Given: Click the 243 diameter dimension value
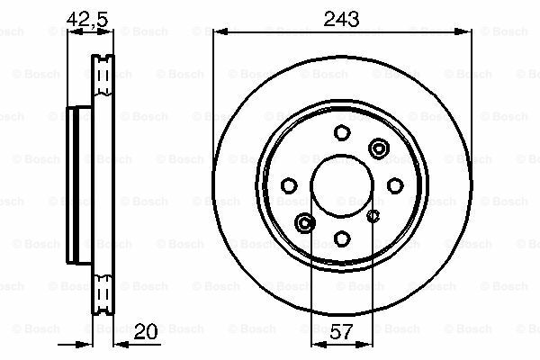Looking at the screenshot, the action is pyautogui.click(x=341, y=19).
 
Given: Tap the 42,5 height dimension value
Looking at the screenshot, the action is pyautogui.click(x=87, y=19).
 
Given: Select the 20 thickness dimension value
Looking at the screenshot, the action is pyautogui.click(x=145, y=331).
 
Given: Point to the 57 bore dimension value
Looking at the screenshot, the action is pyautogui.click(x=341, y=331).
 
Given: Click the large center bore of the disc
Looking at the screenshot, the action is pyautogui.click(x=342, y=186).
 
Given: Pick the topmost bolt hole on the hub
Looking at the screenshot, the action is pyautogui.click(x=342, y=132).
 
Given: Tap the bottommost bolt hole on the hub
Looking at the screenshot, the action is pyautogui.click(x=342, y=238).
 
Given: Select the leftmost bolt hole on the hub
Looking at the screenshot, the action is pyautogui.click(x=289, y=185).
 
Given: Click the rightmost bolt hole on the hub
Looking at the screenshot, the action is pyautogui.click(x=395, y=185).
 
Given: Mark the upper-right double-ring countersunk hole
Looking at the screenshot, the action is pyautogui.click(x=379, y=148).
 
